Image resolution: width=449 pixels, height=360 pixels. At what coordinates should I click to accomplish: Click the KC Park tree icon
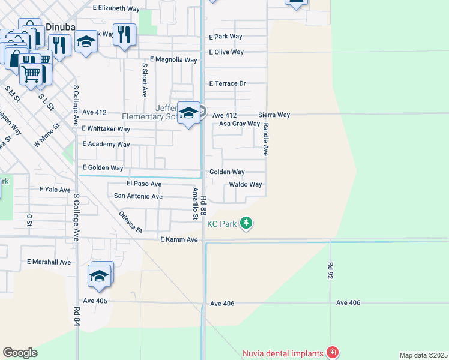(246, 224)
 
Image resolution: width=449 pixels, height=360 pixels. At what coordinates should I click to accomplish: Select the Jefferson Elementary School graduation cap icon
(189, 113)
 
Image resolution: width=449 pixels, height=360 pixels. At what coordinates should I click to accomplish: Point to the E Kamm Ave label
(179, 239)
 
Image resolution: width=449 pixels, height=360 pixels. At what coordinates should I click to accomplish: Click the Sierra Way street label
(274, 115)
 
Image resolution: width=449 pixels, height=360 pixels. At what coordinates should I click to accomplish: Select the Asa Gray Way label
(239, 124)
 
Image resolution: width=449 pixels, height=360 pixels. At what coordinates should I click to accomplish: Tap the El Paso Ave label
(144, 184)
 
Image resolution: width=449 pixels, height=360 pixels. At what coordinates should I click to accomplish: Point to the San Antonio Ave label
(138, 196)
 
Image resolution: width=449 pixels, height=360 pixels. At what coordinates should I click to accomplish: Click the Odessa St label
(130, 222)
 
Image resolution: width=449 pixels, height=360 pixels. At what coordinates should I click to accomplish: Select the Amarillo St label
(195, 203)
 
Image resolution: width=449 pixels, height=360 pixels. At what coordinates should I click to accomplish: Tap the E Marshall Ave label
(49, 262)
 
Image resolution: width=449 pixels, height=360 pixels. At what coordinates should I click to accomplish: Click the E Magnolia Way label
(173, 60)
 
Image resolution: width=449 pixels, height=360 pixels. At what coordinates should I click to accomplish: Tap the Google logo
(20, 352)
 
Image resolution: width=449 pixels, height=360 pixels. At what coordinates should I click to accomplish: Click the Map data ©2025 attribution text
(423, 355)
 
